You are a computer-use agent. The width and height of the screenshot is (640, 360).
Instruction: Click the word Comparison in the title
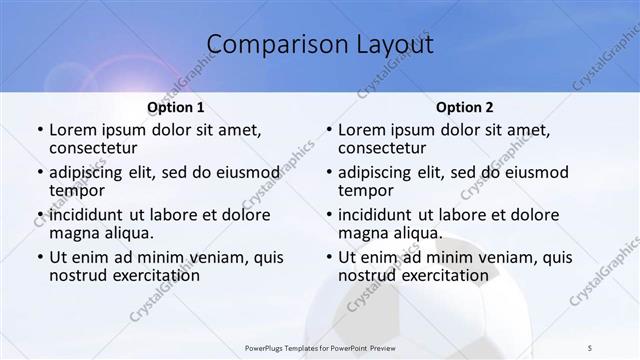point(271,45)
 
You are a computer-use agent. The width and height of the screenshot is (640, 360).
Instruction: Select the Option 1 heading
point(176,107)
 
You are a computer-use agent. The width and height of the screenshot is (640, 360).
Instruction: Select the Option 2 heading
point(464,107)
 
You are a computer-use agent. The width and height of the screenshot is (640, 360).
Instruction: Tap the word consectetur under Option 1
point(94,148)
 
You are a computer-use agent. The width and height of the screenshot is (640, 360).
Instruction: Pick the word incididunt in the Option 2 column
point(385,214)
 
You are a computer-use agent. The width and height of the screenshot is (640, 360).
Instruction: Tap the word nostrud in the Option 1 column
point(80,275)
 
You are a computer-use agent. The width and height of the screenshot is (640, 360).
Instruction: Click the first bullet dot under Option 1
point(38,130)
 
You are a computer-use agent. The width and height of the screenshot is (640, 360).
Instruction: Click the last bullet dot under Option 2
point(327,257)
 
